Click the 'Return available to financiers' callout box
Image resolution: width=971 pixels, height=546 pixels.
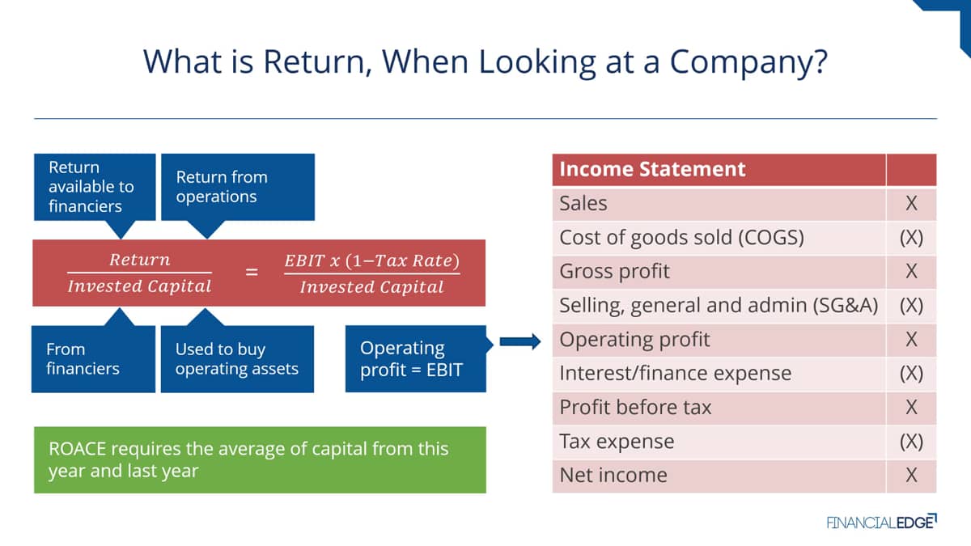95,187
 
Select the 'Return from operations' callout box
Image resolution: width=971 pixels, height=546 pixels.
238,187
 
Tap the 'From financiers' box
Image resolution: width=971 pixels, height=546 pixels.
93,359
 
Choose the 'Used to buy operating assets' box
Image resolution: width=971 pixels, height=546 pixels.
237,359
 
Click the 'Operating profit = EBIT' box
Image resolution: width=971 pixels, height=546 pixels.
416,359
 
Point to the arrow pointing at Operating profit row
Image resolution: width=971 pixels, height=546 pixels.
520,341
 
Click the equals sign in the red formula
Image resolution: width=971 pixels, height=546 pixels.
252,272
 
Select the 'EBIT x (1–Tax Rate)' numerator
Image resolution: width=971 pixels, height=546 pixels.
371,260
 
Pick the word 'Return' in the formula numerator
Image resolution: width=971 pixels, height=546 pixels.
139,260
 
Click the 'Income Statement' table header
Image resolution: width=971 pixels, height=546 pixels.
652,169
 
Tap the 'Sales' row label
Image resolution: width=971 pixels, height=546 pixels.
583,203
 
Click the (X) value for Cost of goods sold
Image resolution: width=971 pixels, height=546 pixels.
911,238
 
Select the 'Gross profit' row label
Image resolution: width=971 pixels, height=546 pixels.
614,271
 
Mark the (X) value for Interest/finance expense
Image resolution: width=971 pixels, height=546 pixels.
911,373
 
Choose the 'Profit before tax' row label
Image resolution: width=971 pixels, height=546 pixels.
635,408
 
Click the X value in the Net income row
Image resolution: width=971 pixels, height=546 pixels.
911,476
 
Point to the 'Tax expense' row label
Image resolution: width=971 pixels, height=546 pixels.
617,442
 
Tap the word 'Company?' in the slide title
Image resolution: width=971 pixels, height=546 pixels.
748,62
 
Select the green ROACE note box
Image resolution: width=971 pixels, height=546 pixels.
260,459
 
